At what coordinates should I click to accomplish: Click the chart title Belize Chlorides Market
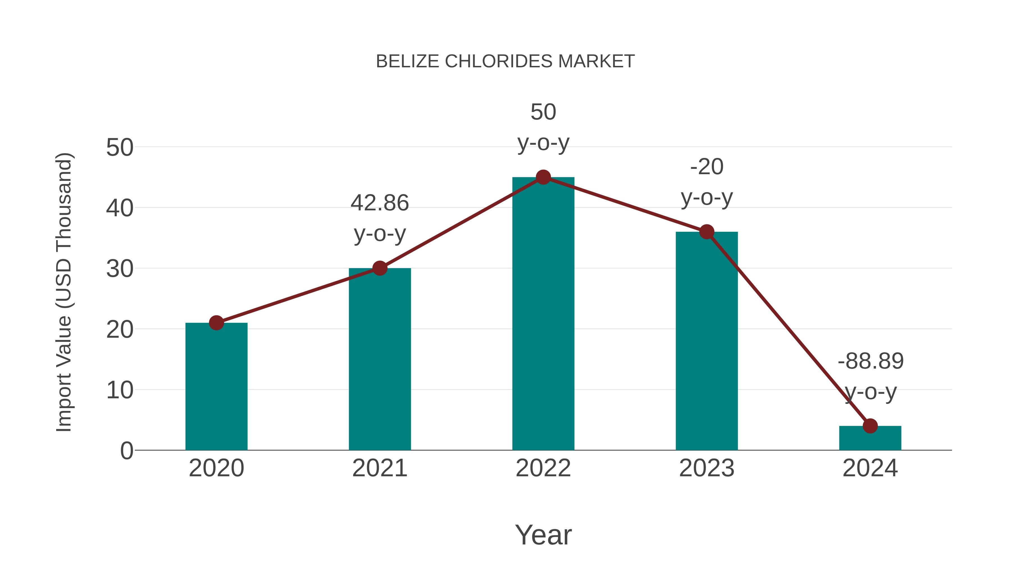click(x=505, y=61)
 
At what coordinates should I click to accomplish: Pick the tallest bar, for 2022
click(x=543, y=314)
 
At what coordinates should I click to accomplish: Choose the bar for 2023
click(x=707, y=341)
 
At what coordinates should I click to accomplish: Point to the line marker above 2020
click(x=216, y=323)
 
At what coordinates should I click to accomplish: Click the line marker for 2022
click(x=543, y=177)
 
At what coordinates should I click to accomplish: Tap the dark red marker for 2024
click(x=870, y=426)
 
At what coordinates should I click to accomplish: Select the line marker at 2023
click(x=707, y=232)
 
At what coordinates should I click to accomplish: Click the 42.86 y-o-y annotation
click(x=379, y=218)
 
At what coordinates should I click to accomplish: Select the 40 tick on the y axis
click(x=120, y=208)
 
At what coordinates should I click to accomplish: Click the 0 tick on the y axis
click(x=126, y=451)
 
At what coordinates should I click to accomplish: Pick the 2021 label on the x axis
click(x=379, y=468)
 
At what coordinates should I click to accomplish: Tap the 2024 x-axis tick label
click(x=870, y=468)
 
